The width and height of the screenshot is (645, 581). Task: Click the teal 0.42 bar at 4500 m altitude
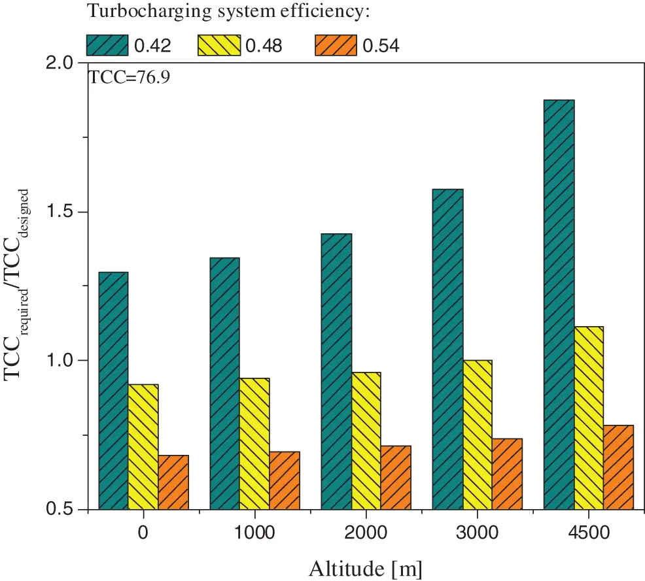(x=559, y=305)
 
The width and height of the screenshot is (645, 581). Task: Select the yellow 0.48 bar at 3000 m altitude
(x=477, y=435)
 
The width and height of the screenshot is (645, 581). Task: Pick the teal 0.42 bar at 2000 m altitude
(x=336, y=371)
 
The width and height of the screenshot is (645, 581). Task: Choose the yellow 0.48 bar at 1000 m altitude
(x=254, y=444)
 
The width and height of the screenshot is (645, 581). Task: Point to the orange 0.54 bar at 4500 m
(x=618, y=467)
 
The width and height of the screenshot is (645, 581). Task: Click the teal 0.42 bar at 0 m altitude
(x=113, y=391)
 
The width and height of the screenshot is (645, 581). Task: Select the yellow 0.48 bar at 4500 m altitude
(x=589, y=418)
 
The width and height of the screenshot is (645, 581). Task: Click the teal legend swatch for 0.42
(x=108, y=44)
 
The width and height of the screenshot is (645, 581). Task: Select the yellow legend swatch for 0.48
(x=219, y=44)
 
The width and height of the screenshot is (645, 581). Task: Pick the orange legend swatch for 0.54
(x=336, y=44)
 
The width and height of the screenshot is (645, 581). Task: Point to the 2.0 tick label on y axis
(x=63, y=63)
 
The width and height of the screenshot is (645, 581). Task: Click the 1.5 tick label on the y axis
(x=63, y=212)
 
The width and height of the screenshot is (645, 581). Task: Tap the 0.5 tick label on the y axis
(x=63, y=510)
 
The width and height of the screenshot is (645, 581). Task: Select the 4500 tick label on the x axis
(x=588, y=532)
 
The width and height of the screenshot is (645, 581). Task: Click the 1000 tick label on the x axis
(x=254, y=532)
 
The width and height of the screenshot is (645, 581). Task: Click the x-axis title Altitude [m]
(x=364, y=567)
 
